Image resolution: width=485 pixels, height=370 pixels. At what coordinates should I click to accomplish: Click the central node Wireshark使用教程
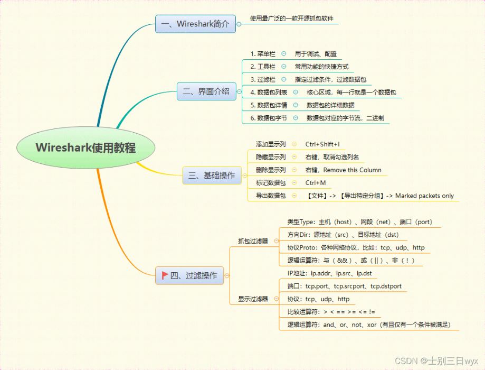click(x=85, y=147)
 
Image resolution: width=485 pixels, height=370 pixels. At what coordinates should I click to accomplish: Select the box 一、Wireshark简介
click(x=195, y=24)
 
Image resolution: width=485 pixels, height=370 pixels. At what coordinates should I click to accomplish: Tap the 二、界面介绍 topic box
click(x=206, y=91)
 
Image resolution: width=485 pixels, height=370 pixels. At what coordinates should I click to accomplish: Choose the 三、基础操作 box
click(x=212, y=175)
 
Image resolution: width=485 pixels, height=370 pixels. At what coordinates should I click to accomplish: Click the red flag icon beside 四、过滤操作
click(x=165, y=275)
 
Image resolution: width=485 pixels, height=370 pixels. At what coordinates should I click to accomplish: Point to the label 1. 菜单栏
click(x=263, y=54)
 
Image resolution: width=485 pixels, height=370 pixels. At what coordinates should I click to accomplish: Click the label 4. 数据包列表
click(x=269, y=92)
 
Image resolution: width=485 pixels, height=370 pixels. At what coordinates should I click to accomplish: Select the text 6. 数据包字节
click(x=269, y=118)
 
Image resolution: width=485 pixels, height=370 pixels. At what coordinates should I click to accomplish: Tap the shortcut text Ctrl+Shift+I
click(x=322, y=144)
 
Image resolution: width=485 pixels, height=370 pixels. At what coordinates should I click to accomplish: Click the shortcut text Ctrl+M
click(x=316, y=183)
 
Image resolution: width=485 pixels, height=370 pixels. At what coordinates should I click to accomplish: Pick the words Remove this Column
click(x=353, y=170)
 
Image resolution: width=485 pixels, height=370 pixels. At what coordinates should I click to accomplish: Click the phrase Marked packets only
click(x=424, y=196)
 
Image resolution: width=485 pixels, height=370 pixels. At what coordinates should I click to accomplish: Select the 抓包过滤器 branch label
click(x=253, y=241)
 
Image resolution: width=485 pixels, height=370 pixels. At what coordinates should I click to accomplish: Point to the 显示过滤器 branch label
click(x=253, y=299)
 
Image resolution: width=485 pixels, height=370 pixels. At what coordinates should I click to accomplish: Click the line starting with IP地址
click(x=329, y=273)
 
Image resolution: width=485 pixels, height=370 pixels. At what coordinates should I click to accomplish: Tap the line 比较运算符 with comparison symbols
click(x=331, y=312)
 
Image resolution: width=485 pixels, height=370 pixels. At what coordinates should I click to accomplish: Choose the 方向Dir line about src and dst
click(x=343, y=235)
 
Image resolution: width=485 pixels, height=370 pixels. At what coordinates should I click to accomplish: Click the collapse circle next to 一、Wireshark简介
click(x=239, y=24)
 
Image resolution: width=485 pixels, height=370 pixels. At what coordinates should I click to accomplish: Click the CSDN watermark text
click(x=436, y=361)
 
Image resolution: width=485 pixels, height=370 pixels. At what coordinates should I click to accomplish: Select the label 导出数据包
click(x=271, y=196)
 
